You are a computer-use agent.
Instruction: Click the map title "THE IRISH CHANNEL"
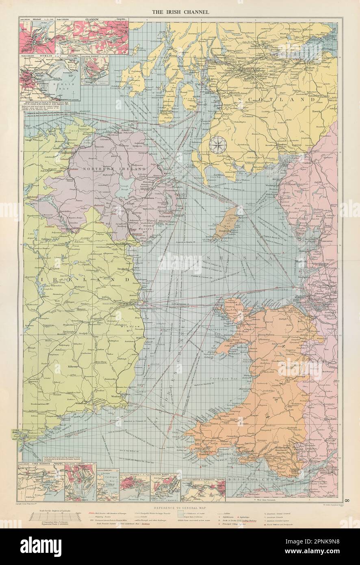181,12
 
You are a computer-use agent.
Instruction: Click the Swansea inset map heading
132,474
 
